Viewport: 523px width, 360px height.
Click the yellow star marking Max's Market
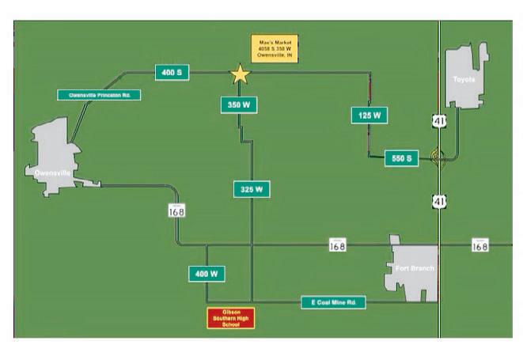point(240,74)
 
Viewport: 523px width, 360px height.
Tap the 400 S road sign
point(172,73)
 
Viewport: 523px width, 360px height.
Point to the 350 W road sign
point(238,104)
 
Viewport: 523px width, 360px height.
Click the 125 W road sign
point(369,116)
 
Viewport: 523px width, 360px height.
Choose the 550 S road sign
point(401,158)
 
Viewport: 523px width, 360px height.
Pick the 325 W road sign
point(252,189)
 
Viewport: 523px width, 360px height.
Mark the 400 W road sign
point(206,274)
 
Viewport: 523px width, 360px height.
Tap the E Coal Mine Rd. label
point(333,302)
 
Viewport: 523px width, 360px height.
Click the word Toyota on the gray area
point(464,80)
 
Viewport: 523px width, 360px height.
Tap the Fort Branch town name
point(414,269)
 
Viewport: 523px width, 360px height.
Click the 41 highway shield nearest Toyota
point(439,120)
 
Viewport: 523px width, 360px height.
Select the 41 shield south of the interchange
point(439,201)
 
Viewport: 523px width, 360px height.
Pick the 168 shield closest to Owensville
point(176,210)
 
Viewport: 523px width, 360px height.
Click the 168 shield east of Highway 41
point(479,244)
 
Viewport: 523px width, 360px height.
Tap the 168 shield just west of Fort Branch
point(338,244)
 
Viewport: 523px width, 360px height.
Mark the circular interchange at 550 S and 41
point(438,157)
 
